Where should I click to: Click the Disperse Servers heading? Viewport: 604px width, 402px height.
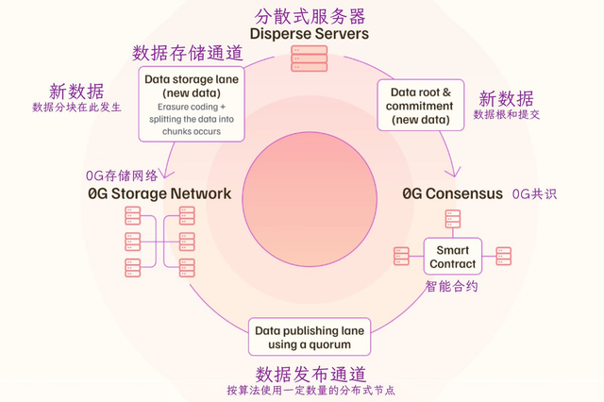pyautogui.click(x=310, y=34)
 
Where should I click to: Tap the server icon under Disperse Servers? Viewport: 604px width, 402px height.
pyautogui.click(x=310, y=59)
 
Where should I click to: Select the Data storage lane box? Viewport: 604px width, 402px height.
pyautogui.click(x=192, y=104)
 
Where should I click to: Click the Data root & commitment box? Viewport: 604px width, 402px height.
pyautogui.click(x=421, y=105)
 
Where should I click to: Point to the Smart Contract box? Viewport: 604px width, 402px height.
pyautogui.click(x=453, y=257)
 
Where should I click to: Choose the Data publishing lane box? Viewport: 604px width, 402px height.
pyautogui.click(x=310, y=337)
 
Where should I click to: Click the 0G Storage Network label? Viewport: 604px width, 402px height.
pyautogui.click(x=159, y=193)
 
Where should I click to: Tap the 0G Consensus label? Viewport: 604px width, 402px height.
pyautogui.click(x=453, y=193)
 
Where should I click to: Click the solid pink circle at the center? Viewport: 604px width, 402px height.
pyautogui.click(x=310, y=199)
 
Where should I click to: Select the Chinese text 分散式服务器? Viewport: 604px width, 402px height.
pyautogui.click(x=310, y=17)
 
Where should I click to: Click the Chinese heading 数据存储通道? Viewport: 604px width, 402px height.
pyautogui.click(x=188, y=53)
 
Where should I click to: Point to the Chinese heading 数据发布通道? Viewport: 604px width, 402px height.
pyautogui.click(x=310, y=374)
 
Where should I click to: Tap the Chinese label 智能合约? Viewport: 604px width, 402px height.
pyautogui.click(x=452, y=287)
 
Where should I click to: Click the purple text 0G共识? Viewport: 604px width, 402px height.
pyautogui.click(x=535, y=194)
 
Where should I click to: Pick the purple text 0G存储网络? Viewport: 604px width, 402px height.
pyautogui.click(x=122, y=176)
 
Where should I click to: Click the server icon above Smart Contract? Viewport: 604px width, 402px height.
pyautogui.click(x=453, y=219)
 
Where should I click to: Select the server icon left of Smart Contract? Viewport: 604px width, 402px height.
pyautogui.click(x=402, y=256)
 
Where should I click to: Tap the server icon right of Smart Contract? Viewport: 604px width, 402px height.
pyautogui.click(x=503, y=256)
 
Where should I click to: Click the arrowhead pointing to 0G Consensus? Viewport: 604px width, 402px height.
pyautogui.click(x=455, y=173)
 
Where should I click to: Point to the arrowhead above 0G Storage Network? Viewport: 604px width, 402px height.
pyautogui.click(x=166, y=174)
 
